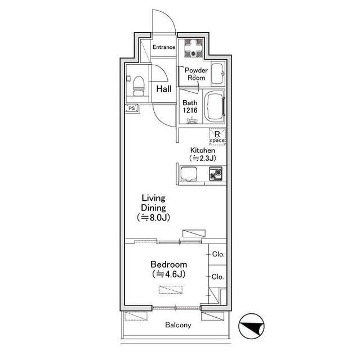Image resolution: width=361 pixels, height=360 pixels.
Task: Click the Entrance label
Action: pyautogui.click(x=164, y=47)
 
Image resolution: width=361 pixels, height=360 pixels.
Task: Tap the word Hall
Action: pyautogui.click(x=164, y=89)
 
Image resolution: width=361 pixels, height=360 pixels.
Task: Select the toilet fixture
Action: pyautogui.click(x=139, y=86)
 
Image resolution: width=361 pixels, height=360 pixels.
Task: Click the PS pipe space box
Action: pyautogui.click(x=132, y=108)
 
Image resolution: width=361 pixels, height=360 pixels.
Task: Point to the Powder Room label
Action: pyautogui.click(x=196, y=74)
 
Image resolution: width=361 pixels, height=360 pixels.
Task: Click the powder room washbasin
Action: pyautogui.click(x=217, y=74)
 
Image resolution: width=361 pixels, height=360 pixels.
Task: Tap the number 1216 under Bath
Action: pyautogui.click(x=190, y=110)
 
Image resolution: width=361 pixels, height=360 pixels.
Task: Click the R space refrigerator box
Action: pyautogui.click(x=217, y=137)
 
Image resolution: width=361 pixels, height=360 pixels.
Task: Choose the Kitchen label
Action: pyautogui.click(x=203, y=150)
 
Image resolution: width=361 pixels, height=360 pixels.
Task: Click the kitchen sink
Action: pyautogui.click(x=189, y=174)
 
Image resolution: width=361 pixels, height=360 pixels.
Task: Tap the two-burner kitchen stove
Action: pyautogui.click(x=216, y=174)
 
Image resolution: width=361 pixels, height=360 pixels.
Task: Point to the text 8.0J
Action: pyautogui.click(x=157, y=218)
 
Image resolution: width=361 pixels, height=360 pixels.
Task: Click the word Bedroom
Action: pyautogui.click(x=169, y=264)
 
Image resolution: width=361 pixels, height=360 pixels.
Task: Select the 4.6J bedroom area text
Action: pyautogui.click(x=169, y=274)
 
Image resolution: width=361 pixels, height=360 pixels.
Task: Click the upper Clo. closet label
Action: pyautogui.click(x=218, y=254)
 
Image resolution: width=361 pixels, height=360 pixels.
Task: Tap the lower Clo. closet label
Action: pyautogui.click(x=217, y=277)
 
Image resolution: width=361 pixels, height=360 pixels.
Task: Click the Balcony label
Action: pyautogui.click(x=178, y=325)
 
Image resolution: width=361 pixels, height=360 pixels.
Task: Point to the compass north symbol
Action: pyautogui.click(x=251, y=326)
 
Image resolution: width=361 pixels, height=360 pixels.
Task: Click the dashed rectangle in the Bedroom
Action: pyautogui.click(x=171, y=290)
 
